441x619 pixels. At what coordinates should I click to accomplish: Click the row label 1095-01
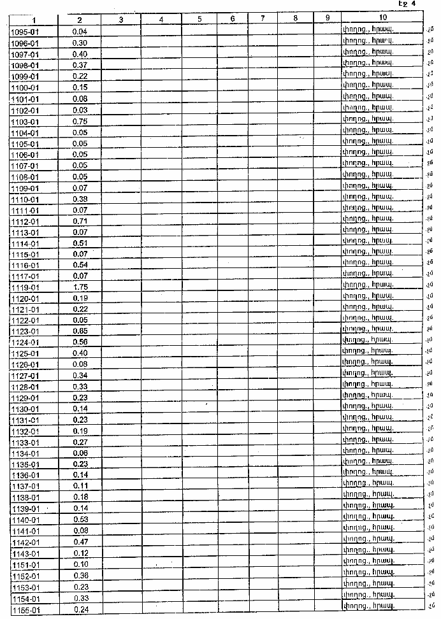(25, 31)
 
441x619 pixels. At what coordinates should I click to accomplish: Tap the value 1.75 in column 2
(80, 287)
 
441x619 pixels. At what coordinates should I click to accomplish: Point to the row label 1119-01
(25, 287)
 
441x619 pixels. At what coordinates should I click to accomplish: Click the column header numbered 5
(199, 19)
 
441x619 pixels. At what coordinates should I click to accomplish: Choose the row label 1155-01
(25, 610)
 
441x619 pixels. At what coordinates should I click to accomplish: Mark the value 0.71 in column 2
(80, 221)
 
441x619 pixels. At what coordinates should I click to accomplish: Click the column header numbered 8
(296, 19)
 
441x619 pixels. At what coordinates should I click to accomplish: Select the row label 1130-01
(25, 409)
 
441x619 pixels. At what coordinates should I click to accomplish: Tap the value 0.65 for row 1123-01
(80, 331)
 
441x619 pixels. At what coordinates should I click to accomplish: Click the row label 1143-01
(25, 553)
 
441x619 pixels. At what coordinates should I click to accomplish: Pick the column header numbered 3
(120, 19)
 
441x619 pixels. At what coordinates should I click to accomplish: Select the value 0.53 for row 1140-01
(80, 520)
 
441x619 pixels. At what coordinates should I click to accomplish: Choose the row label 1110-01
(25, 199)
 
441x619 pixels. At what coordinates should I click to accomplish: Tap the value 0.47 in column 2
(80, 542)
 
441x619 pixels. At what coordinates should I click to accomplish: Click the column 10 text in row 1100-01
(366, 86)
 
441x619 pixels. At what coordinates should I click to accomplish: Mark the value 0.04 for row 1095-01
(80, 31)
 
